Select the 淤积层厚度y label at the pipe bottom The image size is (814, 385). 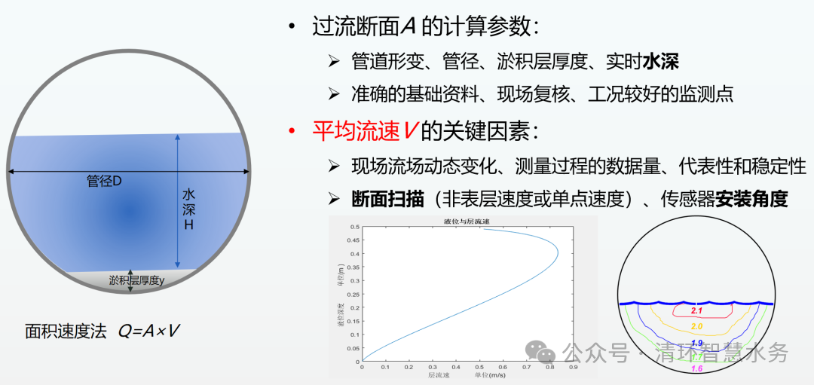136,280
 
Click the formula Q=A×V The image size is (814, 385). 148,331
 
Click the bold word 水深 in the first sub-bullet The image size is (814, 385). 661,61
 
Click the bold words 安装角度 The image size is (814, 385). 751,199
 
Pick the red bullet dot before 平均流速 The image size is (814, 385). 291,133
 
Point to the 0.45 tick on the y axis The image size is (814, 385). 352,240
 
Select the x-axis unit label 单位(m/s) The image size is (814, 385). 489,375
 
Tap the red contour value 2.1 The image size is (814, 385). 697,310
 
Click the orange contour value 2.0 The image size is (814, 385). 697,325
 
